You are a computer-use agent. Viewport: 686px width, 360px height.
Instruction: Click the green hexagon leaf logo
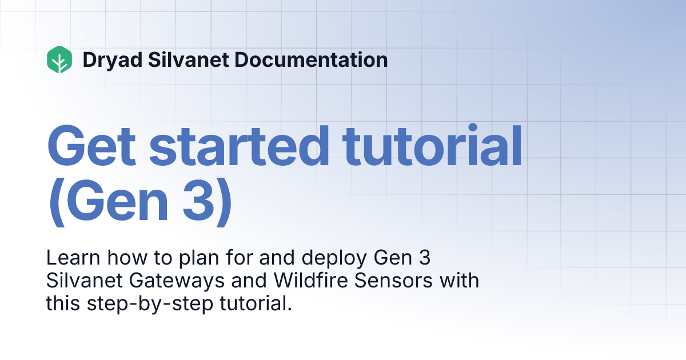pos(59,59)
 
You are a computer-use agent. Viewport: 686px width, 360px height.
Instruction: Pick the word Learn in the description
pos(68,258)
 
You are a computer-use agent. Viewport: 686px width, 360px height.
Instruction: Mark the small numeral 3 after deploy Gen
pos(424,258)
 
